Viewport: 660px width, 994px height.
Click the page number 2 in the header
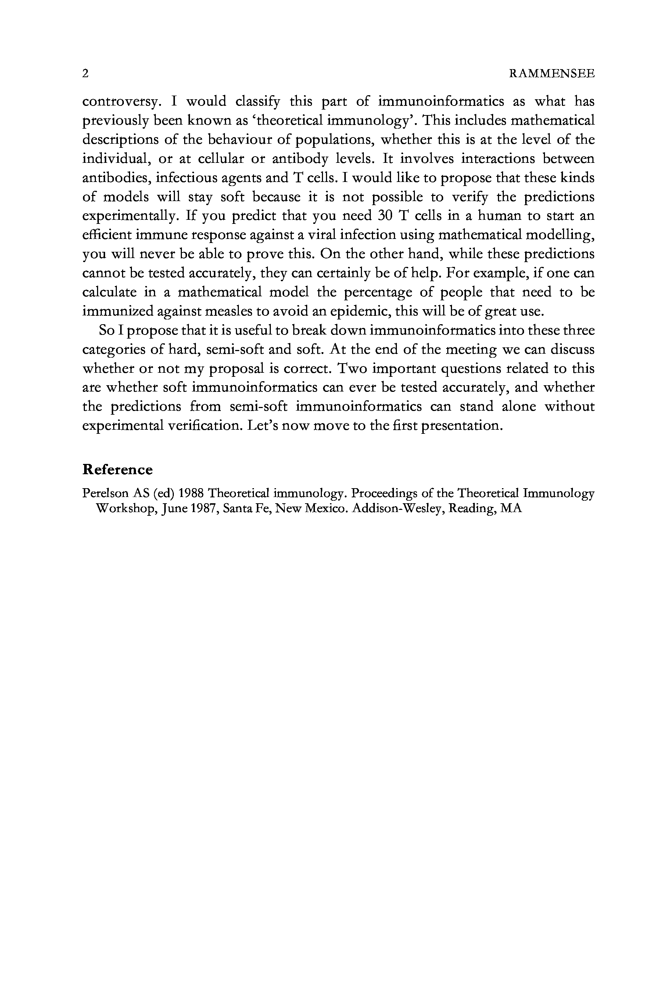[86, 74]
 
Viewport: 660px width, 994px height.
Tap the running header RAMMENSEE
[552, 74]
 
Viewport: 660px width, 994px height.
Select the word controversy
[122, 101]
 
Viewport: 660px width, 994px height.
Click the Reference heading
[118, 469]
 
